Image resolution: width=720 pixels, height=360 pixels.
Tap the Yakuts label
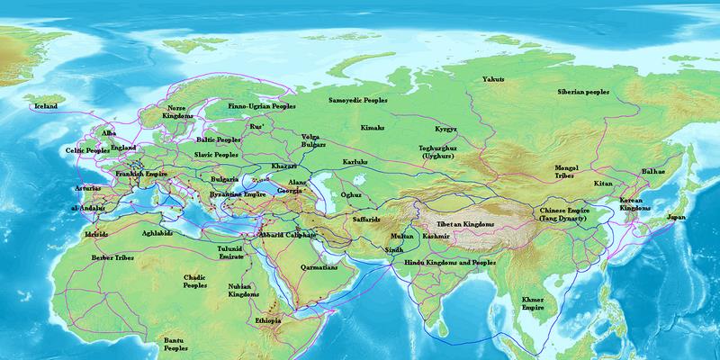coord(493,79)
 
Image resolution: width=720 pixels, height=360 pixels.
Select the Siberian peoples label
coord(583,92)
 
